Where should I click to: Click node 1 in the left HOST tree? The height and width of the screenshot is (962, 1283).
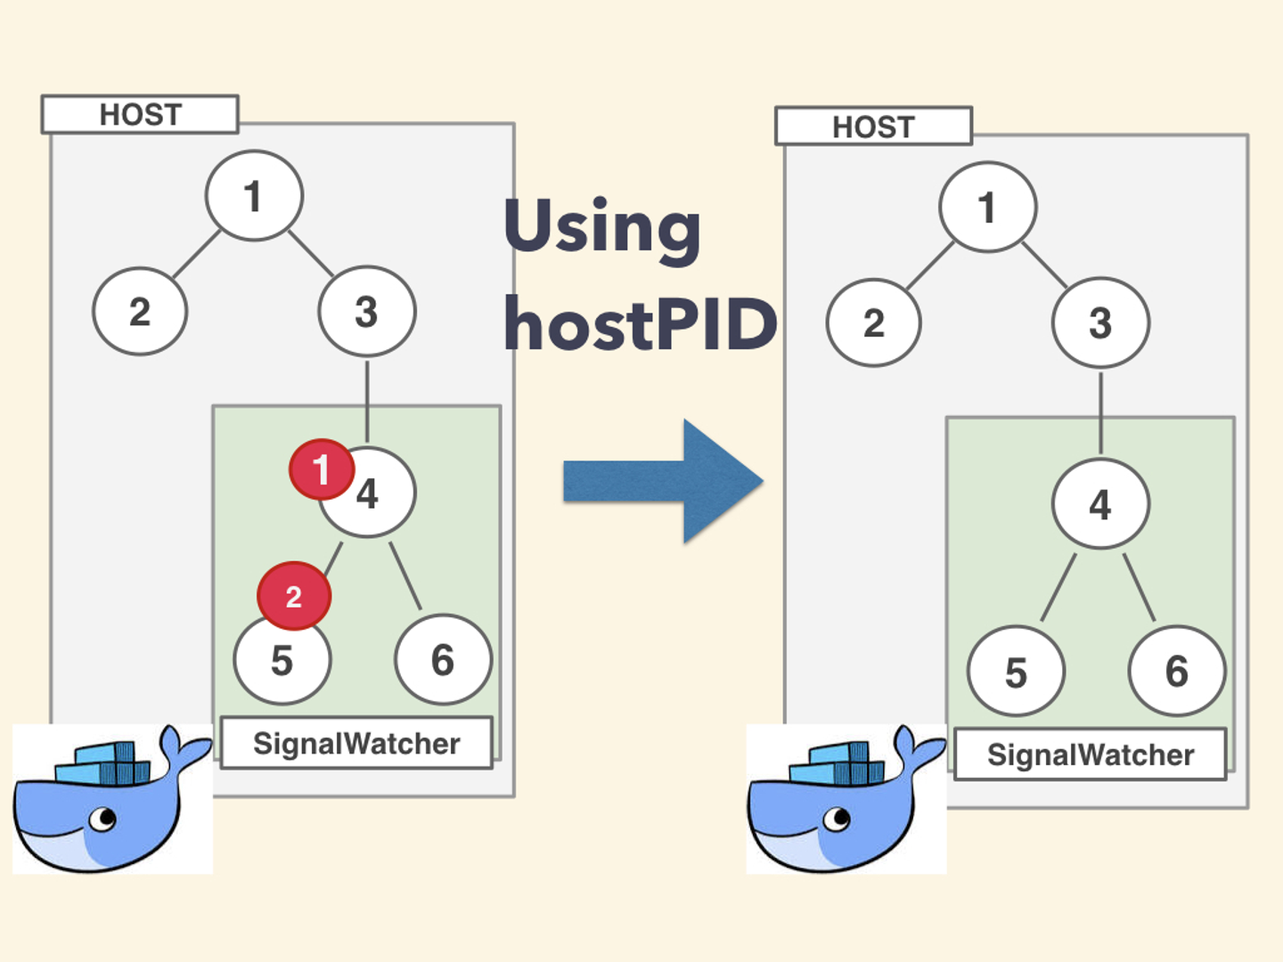pyautogui.click(x=254, y=196)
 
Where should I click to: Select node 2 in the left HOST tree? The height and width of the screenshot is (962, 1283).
pyautogui.click(x=140, y=312)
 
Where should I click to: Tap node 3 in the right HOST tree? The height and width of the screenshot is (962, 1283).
pyautogui.click(x=1100, y=322)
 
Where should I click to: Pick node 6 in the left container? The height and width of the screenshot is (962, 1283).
pyautogui.click(x=443, y=660)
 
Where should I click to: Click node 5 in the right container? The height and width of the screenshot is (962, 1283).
pyautogui.click(x=1016, y=672)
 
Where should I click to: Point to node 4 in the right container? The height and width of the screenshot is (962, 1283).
pyautogui.click(x=1100, y=505)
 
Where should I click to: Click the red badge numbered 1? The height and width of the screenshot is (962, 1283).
pyautogui.click(x=321, y=469)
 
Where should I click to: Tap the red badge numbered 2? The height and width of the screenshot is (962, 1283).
pyautogui.click(x=293, y=596)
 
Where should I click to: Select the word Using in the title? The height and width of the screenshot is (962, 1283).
pyautogui.click(x=602, y=228)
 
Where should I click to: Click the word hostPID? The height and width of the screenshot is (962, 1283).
pyautogui.click(x=640, y=325)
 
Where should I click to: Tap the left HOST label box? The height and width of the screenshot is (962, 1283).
pyautogui.click(x=140, y=115)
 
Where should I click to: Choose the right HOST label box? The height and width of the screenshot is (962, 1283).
pyautogui.click(x=873, y=126)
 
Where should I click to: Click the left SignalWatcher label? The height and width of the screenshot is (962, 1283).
pyautogui.click(x=356, y=743)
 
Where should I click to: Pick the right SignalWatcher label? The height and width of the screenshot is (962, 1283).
pyautogui.click(x=1090, y=754)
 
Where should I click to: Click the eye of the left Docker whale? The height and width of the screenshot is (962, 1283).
pyautogui.click(x=103, y=817)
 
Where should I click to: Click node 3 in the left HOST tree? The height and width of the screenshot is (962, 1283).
pyautogui.click(x=366, y=312)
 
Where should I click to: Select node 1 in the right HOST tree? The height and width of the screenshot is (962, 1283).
pyautogui.click(x=987, y=208)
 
